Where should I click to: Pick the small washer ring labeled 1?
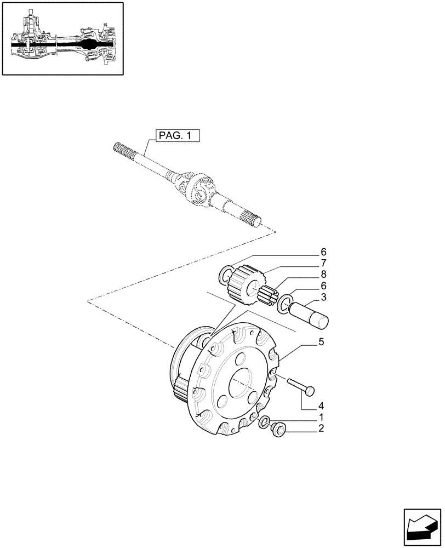(x=264, y=422)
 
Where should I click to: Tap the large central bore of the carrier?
(x=239, y=384)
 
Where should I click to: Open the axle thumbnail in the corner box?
(x=62, y=38)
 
